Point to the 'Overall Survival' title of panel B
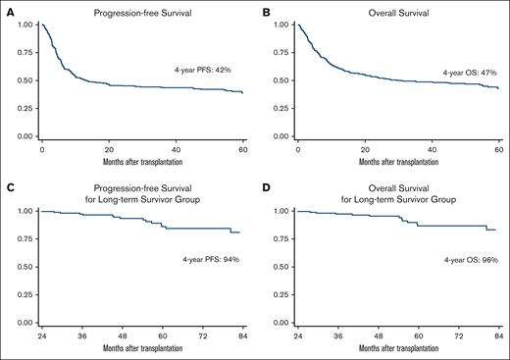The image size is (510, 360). pyautogui.click(x=397, y=8)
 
